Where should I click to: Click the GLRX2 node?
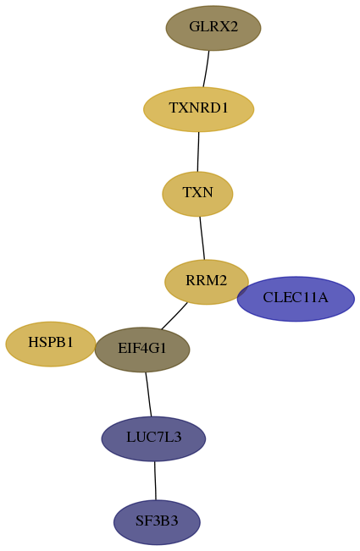click(x=213, y=28)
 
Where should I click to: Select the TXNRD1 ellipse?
click(x=198, y=109)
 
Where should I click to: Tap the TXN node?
click(x=197, y=194)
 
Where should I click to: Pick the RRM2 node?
click(x=207, y=282)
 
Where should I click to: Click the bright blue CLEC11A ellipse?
click(x=296, y=299)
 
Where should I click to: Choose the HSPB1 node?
click(x=51, y=344)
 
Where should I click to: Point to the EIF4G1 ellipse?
click(x=142, y=350)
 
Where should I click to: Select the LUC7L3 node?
click(x=153, y=438)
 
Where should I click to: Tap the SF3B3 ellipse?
click(x=157, y=522)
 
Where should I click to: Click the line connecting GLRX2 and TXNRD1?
click(x=206, y=69)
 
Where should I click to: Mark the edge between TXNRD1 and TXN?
click(x=198, y=152)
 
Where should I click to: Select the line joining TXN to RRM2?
click(x=202, y=238)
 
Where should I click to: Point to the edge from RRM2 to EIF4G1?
click(x=174, y=316)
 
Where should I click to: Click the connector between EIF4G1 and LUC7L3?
click(x=149, y=394)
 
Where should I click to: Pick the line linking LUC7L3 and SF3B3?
click(x=155, y=481)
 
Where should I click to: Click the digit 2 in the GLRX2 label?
click(x=234, y=27)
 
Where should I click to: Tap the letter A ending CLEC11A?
click(x=323, y=298)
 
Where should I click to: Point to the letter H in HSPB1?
click(x=33, y=342)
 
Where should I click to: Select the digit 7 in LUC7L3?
click(x=162, y=438)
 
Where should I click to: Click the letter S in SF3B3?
click(x=139, y=521)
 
